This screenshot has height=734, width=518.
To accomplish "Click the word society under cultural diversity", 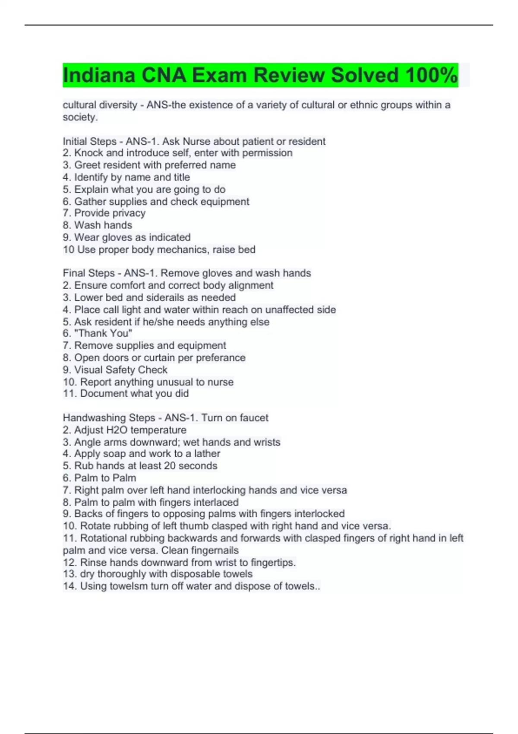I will (79, 117).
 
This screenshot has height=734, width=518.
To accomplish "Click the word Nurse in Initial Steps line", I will (196, 142).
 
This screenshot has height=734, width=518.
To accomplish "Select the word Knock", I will (89, 153).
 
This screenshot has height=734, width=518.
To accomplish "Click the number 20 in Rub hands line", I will (170, 466).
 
